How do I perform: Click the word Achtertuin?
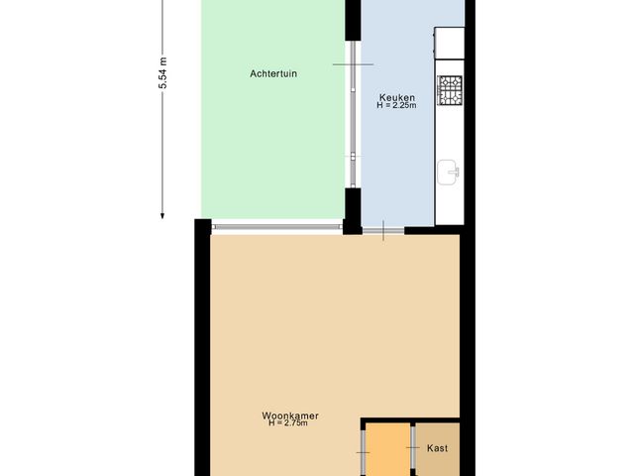274,72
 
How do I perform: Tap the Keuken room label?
396,97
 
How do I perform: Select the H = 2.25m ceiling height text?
396,106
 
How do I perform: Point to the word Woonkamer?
290,415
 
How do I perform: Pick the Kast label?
437,448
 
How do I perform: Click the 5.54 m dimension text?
163,75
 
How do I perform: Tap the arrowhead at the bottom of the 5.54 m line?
163,211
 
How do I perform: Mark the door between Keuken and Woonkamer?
382,231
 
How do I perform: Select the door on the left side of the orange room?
365,452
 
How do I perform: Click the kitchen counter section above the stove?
449,42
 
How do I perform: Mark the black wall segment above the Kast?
411,420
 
